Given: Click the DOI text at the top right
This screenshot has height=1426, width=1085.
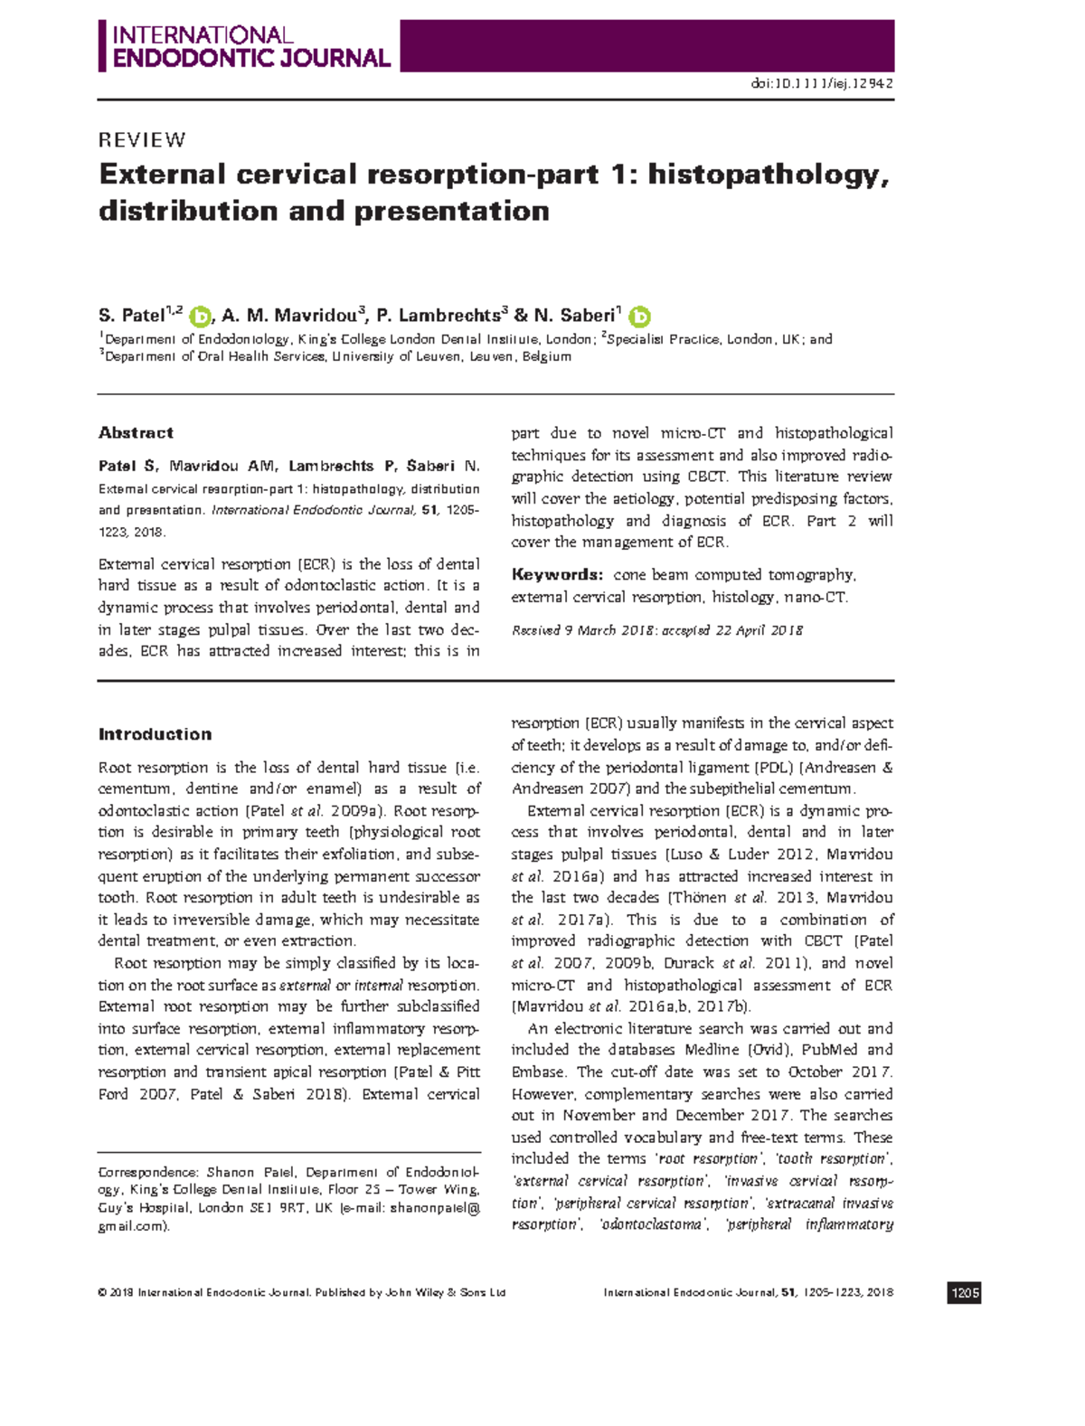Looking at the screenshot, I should tap(822, 83).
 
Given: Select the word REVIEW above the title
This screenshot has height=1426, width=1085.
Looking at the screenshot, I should tap(142, 140).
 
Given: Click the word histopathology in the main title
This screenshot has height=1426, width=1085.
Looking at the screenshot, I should tap(768, 174).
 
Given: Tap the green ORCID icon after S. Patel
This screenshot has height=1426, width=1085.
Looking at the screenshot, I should tap(200, 316).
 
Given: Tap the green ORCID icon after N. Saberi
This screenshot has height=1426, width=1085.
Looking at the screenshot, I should tap(639, 316).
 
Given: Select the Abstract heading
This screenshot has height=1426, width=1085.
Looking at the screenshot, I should tap(136, 432).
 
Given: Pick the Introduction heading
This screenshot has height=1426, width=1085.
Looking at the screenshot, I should tap(155, 734).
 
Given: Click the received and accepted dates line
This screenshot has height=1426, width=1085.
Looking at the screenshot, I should tap(656, 630).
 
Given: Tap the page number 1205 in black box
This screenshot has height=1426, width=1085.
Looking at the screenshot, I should tap(964, 1293).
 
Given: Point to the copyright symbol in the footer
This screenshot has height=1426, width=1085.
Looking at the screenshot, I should tap(102, 1293).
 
